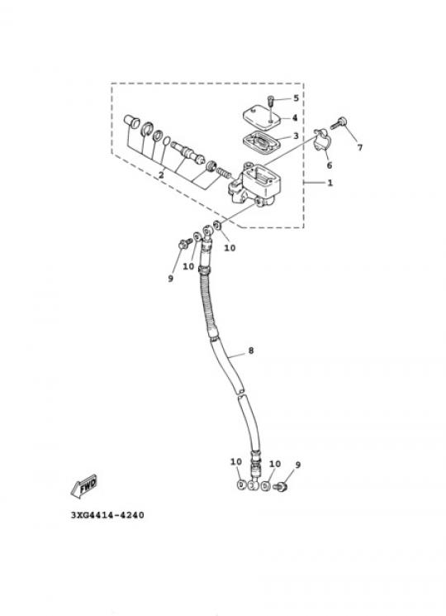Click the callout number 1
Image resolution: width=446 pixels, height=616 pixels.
click(x=330, y=183)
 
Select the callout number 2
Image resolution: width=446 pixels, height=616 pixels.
click(x=161, y=175)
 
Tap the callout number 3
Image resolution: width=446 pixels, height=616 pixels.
click(x=296, y=136)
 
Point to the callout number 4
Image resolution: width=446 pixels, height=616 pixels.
click(x=295, y=117)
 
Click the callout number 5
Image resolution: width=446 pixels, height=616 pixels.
click(x=297, y=98)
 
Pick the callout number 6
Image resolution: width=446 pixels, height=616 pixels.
click(x=329, y=165)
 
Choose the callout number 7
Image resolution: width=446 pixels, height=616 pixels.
click(x=360, y=147)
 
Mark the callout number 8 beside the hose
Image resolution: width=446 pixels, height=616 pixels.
click(x=251, y=351)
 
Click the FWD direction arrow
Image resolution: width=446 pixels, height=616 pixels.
click(x=84, y=487)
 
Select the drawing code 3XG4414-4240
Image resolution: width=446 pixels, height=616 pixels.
click(x=107, y=514)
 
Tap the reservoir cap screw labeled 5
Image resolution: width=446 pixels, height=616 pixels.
click(x=270, y=101)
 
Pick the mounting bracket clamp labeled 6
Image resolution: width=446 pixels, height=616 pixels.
click(x=322, y=140)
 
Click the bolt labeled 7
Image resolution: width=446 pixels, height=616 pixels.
click(x=338, y=123)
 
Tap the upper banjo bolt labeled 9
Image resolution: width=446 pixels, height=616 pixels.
click(x=183, y=244)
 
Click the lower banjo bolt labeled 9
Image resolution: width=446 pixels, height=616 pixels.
click(x=282, y=487)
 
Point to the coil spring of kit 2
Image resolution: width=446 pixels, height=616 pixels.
click(x=224, y=172)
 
